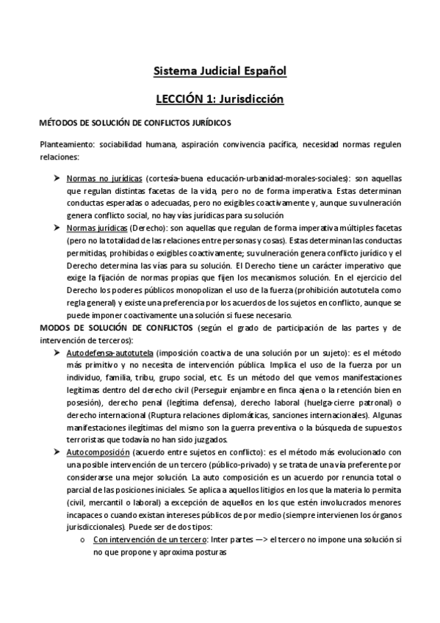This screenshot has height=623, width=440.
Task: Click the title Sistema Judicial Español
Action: point(220,71)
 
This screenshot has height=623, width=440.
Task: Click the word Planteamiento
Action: point(64,145)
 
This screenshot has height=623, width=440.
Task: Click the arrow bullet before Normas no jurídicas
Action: point(58,179)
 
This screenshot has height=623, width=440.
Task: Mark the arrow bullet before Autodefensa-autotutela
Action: point(58,353)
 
